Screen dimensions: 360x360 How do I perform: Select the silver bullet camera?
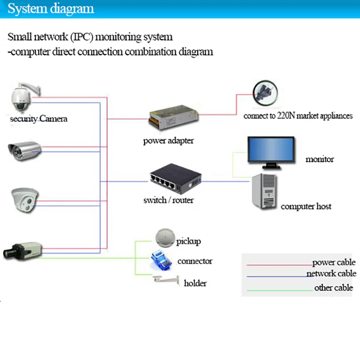click(x=25, y=151)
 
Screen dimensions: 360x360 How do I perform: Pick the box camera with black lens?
click(x=22, y=251)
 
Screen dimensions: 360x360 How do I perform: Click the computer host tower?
click(x=264, y=191)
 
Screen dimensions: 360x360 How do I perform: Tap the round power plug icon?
click(x=265, y=93)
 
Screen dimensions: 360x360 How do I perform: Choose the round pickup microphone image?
click(x=165, y=238)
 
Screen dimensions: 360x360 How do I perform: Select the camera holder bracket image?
click(x=166, y=280)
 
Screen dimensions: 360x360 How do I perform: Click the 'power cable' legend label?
click(x=334, y=263)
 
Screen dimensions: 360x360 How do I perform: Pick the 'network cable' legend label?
click(x=331, y=274)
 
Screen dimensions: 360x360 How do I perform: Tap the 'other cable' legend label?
click(x=334, y=288)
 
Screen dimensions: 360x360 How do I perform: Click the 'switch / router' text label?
click(x=169, y=200)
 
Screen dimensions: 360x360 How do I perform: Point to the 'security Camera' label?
click(x=39, y=119)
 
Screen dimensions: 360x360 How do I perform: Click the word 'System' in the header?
click(x=28, y=9)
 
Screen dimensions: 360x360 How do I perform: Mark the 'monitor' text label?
click(x=320, y=159)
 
